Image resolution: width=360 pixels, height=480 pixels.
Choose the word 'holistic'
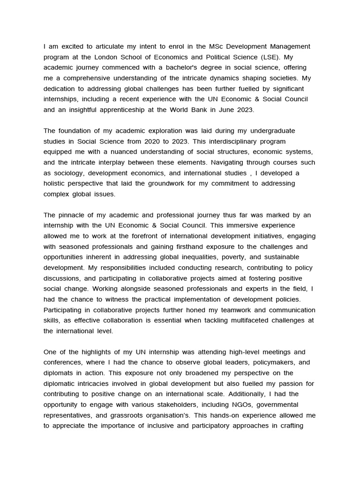56,183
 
